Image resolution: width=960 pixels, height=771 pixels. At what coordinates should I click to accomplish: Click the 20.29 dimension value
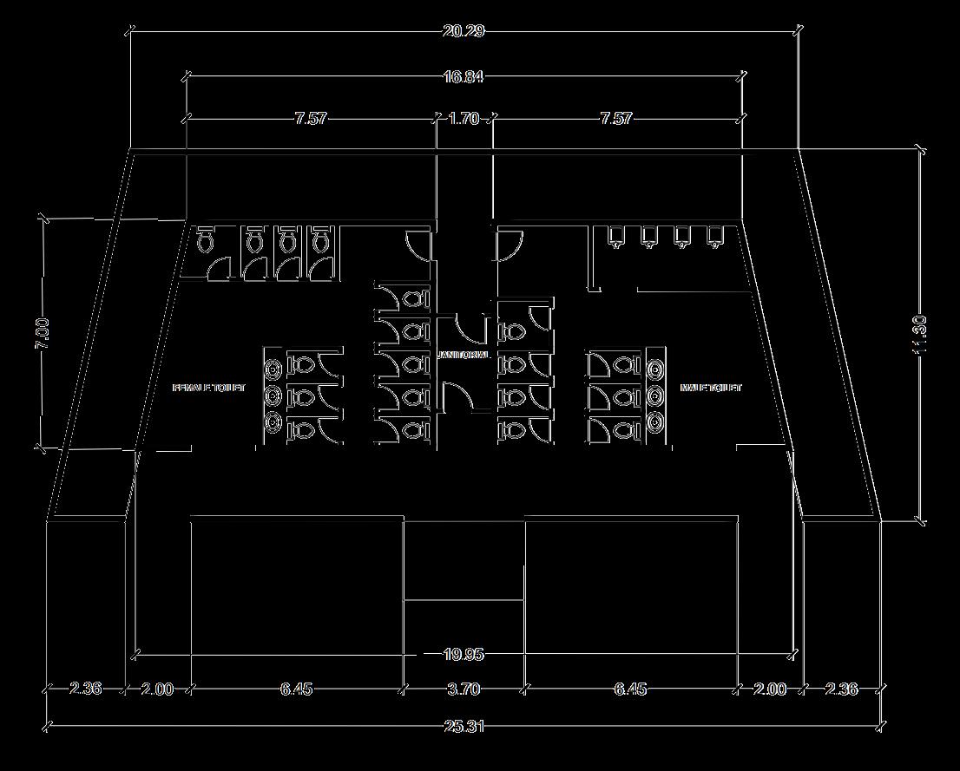(463, 31)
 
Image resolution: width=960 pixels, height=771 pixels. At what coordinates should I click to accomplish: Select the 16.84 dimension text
(463, 76)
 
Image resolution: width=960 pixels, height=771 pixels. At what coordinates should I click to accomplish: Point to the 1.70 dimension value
(464, 118)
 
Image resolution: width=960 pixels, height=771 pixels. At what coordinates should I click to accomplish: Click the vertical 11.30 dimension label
(920, 333)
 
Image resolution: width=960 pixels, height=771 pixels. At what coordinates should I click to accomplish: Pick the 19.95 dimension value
(464, 654)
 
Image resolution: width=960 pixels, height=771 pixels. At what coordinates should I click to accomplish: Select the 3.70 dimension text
(464, 689)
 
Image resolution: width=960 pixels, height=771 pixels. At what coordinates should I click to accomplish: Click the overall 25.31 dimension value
(464, 726)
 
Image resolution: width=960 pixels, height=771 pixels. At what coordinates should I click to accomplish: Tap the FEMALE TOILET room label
(209, 388)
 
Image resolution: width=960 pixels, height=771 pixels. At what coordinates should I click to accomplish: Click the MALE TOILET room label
(711, 388)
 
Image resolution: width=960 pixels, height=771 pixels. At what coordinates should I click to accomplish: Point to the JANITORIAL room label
(465, 355)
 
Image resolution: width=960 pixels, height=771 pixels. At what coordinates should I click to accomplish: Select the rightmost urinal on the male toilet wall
(715, 236)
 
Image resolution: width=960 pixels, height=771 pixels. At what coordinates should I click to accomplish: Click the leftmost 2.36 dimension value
(85, 689)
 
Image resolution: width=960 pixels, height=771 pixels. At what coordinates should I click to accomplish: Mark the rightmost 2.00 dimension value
(770, 689)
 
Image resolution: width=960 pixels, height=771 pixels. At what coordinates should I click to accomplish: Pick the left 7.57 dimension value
(310, 118)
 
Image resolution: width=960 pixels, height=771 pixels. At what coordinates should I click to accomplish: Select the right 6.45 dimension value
(630, 689)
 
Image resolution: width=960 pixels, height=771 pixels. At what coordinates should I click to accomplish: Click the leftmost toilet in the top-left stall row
(206, 240)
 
